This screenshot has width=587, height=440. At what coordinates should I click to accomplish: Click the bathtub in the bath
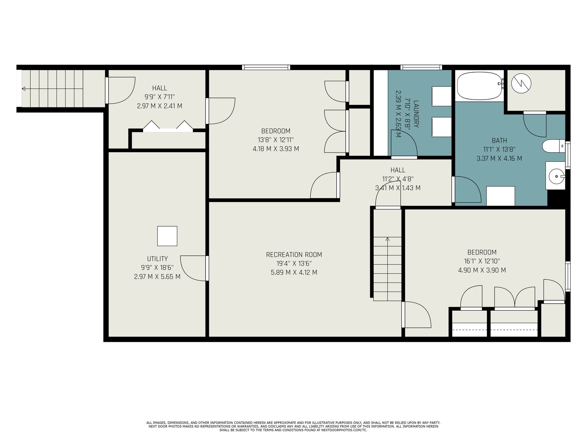pyautogui.click(x=480, y=86)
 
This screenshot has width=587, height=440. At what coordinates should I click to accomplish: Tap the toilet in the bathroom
pyautogui.click(x=554, y=146)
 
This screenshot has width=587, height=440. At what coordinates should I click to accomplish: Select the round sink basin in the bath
pyautogui.click(x=557, y=176)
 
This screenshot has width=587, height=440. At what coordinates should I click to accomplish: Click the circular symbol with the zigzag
pyautogui.click(x=521, y=83)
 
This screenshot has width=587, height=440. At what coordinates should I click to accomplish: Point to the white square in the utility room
pyautogui.click(x=167, y=236)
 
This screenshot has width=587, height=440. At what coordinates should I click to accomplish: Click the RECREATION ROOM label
pyautogui.click(x=294, y=254)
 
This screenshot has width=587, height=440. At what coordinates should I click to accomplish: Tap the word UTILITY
pyautogui.click(x=157, y=258)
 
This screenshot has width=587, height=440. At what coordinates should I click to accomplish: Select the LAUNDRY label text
pyautogui.click(x=416, y=114)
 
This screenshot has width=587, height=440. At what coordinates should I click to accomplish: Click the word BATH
pyautogui.click(x=499, y=140)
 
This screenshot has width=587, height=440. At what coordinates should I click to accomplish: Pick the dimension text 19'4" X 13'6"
pyautogui.click(x=294, y=263)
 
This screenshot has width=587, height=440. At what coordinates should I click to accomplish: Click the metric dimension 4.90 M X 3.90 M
pyautogui.click(x=482, y=270)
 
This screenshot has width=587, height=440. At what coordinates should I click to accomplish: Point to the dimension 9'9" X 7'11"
pyautogui.click(x=160, y=97)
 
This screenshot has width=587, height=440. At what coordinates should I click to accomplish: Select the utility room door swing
pyautogui.click(x=193, y=268)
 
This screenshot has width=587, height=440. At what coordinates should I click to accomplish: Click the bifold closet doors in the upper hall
pyautogui.click(x=168, y=126)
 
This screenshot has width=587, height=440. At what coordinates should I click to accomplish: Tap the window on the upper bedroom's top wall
pyautogui.click(x=266, y=67)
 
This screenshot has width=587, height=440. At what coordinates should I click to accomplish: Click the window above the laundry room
pyautogui.click(x=421, y=67)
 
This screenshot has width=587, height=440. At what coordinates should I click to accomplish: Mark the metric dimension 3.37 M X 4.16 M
pyautogui.click(x=499, y=158)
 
